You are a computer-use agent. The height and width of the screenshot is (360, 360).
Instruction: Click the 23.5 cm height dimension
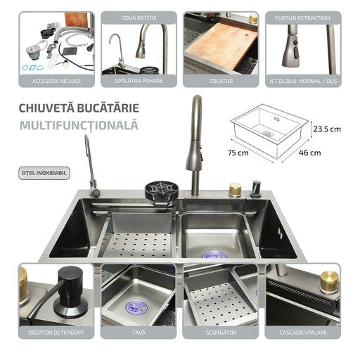click(x=327, y=129)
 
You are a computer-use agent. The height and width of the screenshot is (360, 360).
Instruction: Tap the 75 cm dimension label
click(x=238, y=153)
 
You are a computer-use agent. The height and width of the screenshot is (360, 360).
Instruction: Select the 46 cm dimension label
click(x=310, y=153)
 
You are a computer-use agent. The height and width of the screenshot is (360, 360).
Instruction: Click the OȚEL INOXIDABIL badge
click(x=44, y=173)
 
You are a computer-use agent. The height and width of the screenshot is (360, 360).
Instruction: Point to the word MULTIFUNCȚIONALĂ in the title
click(x=79, y=125)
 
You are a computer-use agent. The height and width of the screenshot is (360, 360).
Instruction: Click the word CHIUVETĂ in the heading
click(x=46, y=108)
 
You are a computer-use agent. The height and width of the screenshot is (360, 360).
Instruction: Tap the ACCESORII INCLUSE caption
click(x=57, y=82)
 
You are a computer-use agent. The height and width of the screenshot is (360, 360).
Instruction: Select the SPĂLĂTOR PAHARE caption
click(x=139, y=81)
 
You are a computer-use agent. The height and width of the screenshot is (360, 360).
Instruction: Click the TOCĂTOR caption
click(x=221, y=82)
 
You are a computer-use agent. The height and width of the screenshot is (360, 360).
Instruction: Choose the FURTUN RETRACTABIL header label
click(x=303, y=18)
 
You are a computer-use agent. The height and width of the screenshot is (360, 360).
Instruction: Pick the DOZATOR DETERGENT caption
click(x=56, y=333)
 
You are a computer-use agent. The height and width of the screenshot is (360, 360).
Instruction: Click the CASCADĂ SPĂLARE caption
click(x=303, y=333)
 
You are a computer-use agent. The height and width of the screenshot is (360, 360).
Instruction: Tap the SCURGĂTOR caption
click(x=221, y=333)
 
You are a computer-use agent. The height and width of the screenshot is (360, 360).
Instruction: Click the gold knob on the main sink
click(x=235, y=189)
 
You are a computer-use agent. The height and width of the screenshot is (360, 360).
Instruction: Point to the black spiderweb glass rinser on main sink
click(x=162, y=191)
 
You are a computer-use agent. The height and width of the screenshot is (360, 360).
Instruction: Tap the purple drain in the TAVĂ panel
click(x=136, y=308)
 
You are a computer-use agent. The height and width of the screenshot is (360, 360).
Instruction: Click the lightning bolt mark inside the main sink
click(x=281, y=233)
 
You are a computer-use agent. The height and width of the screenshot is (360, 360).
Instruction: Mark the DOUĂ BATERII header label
click(x=139, y=18)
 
